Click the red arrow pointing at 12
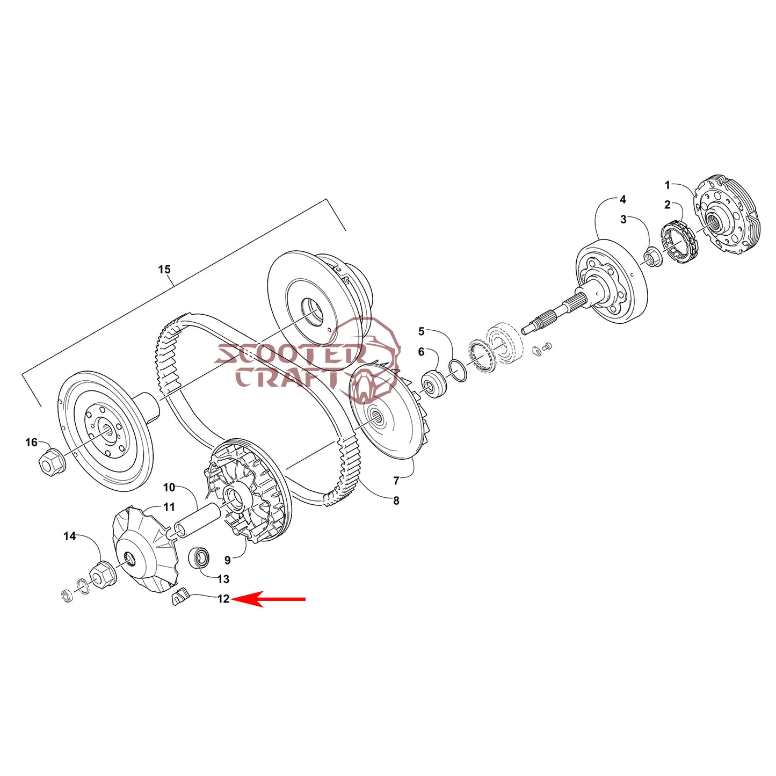pyautogui.click(x=268, y=599)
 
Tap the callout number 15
pyautogui.click(x=164, y=269)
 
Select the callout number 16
pyautogui.click(x=31, y=442)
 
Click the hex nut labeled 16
pyautogui.click(x=49, y=463)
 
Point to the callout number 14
pyautogui.click(x=70, y=536)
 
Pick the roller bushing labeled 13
pyautogui.click(x=199, y=558)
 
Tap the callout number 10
pyautogui.click(x=169, y=487)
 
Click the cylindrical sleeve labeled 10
pyautogui.click(x=197, y=521)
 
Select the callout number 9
pyautogui.click(x=228, y=560)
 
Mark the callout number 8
pyautogui.click(x=396, y=501)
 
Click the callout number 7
pyautogui.click(x=396, y=481)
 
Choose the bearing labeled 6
pyautogui.click(x=433, y=384)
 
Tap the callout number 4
pyautogui.click(x=622, y=199)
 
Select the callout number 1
pyautogui.click(x=668, y=185)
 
